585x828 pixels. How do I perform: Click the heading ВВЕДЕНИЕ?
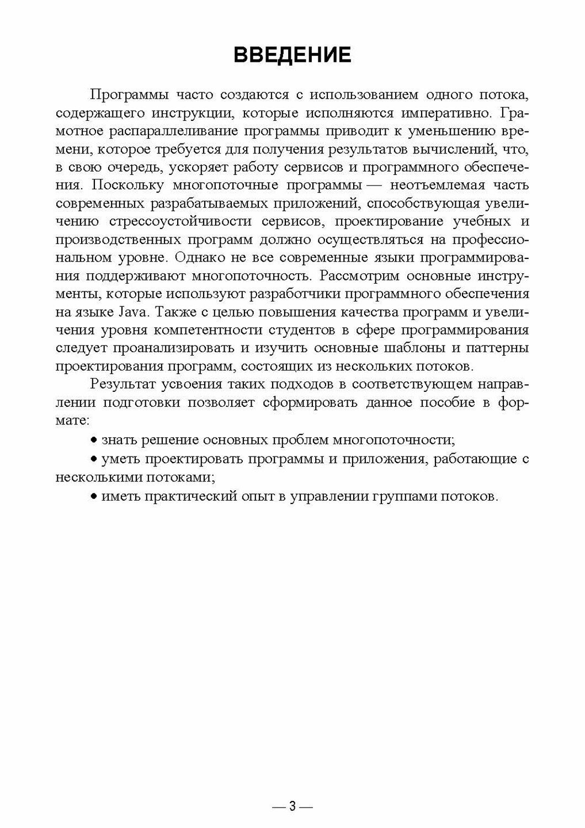pos(292,55)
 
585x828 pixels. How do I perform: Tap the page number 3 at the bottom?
pos(292,806)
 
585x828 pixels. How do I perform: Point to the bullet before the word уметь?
pos(94,459)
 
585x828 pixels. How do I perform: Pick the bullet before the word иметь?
pos(94,497)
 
